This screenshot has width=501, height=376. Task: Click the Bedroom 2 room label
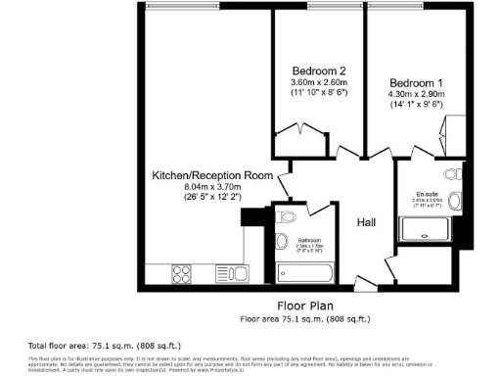click(x=319, y=70)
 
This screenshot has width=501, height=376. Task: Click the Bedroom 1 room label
click(x=416, y=81)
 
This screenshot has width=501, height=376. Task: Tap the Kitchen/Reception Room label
click(x=210, y=174)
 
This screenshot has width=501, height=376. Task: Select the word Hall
click(x=367, y=223)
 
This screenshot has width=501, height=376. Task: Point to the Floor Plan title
click(x=304, y=305)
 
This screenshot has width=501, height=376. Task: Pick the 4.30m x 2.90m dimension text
click(x=416, y=93)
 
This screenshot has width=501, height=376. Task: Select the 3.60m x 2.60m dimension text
click(x=319, y=82)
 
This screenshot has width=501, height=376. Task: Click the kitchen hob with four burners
click(x=183, y=272)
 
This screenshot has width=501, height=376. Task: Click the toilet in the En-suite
click(x=450, y=174)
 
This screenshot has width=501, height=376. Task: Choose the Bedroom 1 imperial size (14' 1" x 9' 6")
click(x=416, y=104)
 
